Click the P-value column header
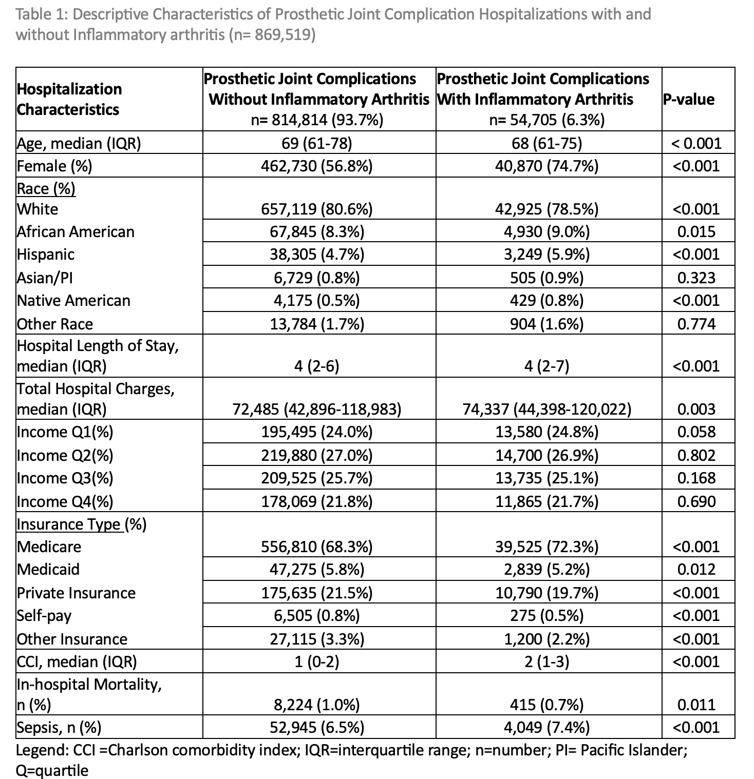pyautogui.click(x=688, y=99)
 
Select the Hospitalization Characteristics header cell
pyautogui.click(x=69, y=99)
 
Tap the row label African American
pyautogui.click(x=76, y=232)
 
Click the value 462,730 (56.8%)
pyautogui.click(x=317, y=166)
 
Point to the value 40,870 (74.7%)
pyautogui.click(x=546, y=166)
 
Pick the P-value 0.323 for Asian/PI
pyautogui.click(x=696, y=278)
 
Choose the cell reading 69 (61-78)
pyautogui.click(x=317, y=143)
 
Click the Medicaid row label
pyautogui.click(x=48, y=570)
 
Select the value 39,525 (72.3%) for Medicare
pyautogui.click(x=546, y=547)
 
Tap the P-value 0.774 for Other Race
pyautogui.click(x=696, y=324)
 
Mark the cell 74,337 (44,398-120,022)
pyautogui.click(x=546, y=409)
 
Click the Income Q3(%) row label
pyautogui.click(x=65, y=478)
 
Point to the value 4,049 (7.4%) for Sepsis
pyautogui.click(x=546, y=728)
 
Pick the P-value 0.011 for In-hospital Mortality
pyautogui.click(x=696, y=705)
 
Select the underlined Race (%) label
pyautogui.click(x=46, y=189)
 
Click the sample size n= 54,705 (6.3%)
pyautogui.click(x=546, y=120)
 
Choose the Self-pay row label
pyautogui.click(x=44, y=615)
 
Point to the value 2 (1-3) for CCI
pyautogui.click(x=546, y=662)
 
